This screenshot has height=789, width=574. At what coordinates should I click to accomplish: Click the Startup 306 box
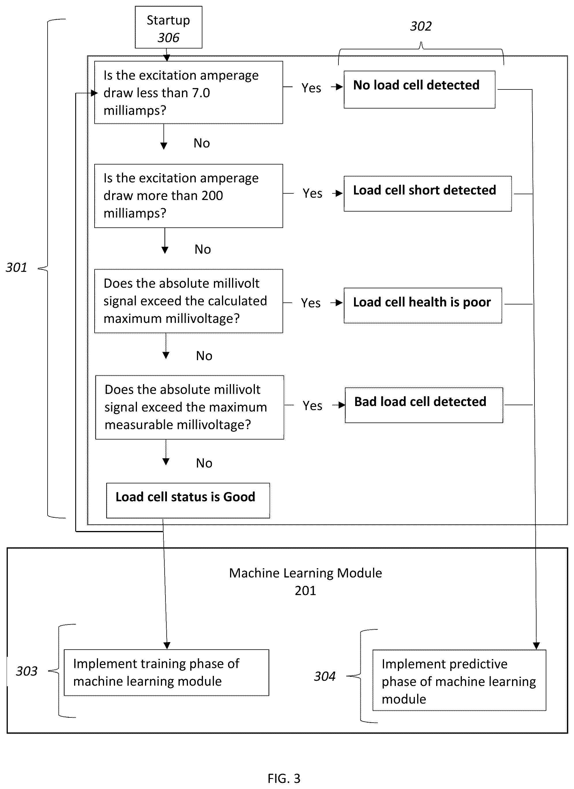(169, 27)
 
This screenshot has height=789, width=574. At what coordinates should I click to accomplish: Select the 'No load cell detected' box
(419, 90)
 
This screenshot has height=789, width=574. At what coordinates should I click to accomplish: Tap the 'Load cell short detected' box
(428, 194)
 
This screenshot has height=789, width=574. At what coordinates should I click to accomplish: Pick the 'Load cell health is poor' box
(423, 305)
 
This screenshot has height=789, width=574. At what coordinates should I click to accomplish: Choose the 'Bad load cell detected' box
(424, 405)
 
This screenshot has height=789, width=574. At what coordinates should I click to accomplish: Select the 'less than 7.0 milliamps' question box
(189, 93)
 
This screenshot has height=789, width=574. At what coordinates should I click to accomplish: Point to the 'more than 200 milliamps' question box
(189, 196)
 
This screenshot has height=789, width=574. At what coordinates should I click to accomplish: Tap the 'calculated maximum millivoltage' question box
(189, 301)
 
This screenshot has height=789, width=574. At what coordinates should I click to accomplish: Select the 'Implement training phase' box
(166, 672)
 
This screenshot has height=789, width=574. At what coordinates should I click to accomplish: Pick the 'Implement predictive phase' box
(459, 680)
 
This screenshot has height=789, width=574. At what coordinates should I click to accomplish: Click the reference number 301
(16, 268)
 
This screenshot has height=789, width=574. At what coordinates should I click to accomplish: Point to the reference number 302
(421, 26)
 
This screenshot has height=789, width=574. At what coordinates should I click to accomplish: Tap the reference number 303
(27, 671)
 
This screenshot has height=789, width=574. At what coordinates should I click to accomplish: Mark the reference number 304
(325, 676)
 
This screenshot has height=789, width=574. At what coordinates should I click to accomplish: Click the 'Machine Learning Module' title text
(305, 573)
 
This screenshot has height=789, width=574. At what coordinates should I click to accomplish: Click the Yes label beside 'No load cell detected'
(311, 88)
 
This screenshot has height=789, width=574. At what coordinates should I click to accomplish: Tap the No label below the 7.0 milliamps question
(202, 143)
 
